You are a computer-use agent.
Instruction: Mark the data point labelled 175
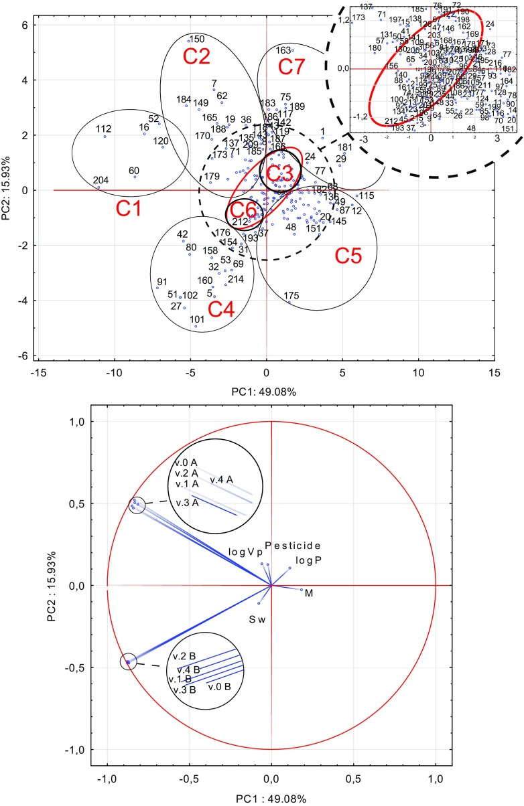coord(289,302)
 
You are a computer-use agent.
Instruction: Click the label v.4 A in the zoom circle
coord(221,479)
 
